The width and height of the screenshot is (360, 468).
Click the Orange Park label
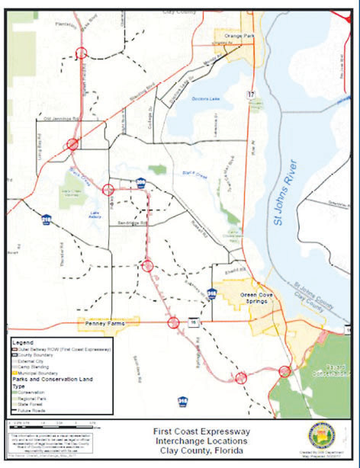coord(233,34)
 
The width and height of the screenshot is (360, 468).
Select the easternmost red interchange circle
coord(284,371)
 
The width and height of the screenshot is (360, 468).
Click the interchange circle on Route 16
coord(174,322)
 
